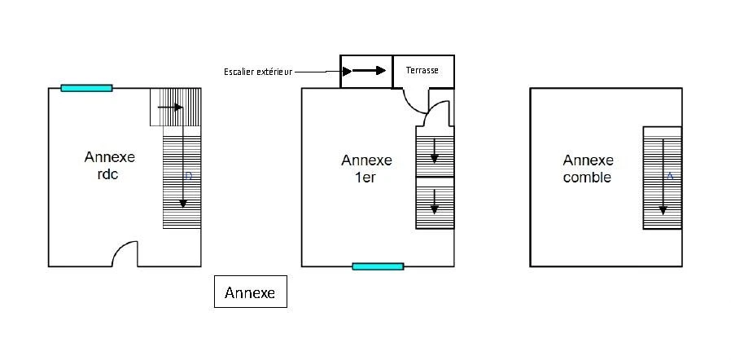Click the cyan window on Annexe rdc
(87, 88)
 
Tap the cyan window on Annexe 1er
(378, 266)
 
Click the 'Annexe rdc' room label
(110, 166)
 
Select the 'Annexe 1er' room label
(366, 169)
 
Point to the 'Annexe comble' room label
(588, 169)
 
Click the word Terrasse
(422, 70)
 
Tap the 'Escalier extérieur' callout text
(258, 72)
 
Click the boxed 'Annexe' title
(251, 292)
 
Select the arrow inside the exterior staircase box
(365, 71)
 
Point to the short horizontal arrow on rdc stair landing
(170, 108)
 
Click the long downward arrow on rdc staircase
(183, 158)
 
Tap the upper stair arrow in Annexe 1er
(435, 151)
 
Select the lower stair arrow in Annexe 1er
(435, 201)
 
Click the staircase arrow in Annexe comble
(663, 178)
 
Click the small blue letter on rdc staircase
(188, 176)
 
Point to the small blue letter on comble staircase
(670, 176)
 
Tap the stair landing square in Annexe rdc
(176, 107)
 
